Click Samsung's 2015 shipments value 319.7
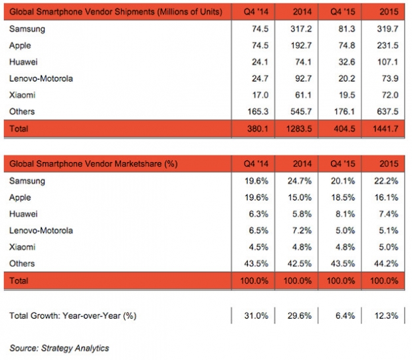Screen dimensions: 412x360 coord(387,29)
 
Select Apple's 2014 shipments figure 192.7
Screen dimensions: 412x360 coord(301,45)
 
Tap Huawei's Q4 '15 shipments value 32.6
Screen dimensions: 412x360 coord(347,62)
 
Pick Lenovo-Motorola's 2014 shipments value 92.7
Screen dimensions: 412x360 coord(303,78)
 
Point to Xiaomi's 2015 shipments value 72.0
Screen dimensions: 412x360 coord(390,95)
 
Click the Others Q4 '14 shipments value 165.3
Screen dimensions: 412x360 coord(258,112)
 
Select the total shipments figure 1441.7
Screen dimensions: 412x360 coord(385,129)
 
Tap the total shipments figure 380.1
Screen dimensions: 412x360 coord(258,129)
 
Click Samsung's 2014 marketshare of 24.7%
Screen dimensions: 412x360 coord(300,181)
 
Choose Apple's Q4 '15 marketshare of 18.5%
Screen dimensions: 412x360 coord(343,197)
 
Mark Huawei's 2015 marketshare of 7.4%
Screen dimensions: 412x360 coord(388,214)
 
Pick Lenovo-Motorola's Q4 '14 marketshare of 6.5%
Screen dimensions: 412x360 coord(258,230)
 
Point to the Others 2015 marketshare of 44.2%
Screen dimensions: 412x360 coord(386,264)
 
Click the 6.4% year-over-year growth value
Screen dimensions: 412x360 coord(345,315)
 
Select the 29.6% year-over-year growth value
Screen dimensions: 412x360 coord(300,315)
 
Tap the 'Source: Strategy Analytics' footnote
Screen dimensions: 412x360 coord(59,348)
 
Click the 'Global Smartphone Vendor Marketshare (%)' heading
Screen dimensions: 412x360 coord(94,164)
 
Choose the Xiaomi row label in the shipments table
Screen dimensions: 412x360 coord(22,95)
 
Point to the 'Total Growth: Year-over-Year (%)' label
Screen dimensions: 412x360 coord(73,315)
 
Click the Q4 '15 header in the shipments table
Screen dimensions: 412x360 coord(343,12)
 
